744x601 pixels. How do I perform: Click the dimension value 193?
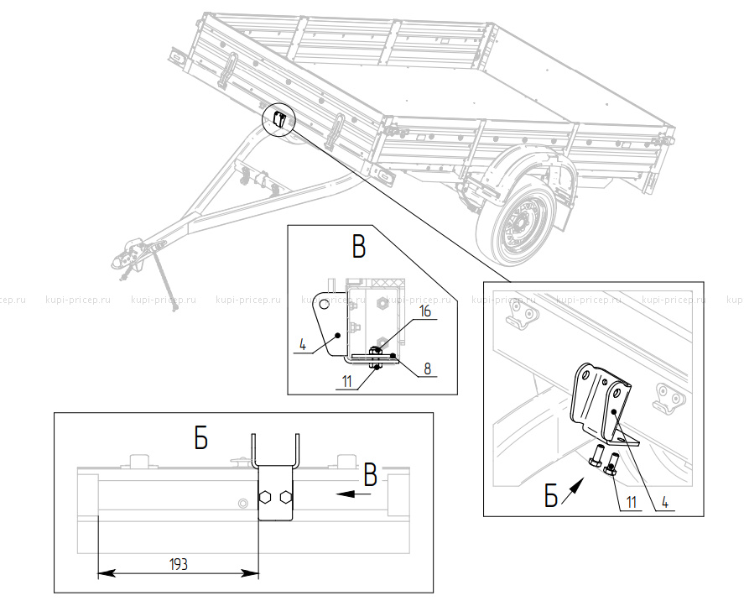pyautogui.click(x=178, y=564)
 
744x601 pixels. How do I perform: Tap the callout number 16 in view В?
pyautogui.click(x=425, y=312)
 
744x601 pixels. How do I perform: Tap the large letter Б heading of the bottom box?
pyautogui.click(x=200, y=438)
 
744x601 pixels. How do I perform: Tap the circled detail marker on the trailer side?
pyautogui.click(x=279, y=119)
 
